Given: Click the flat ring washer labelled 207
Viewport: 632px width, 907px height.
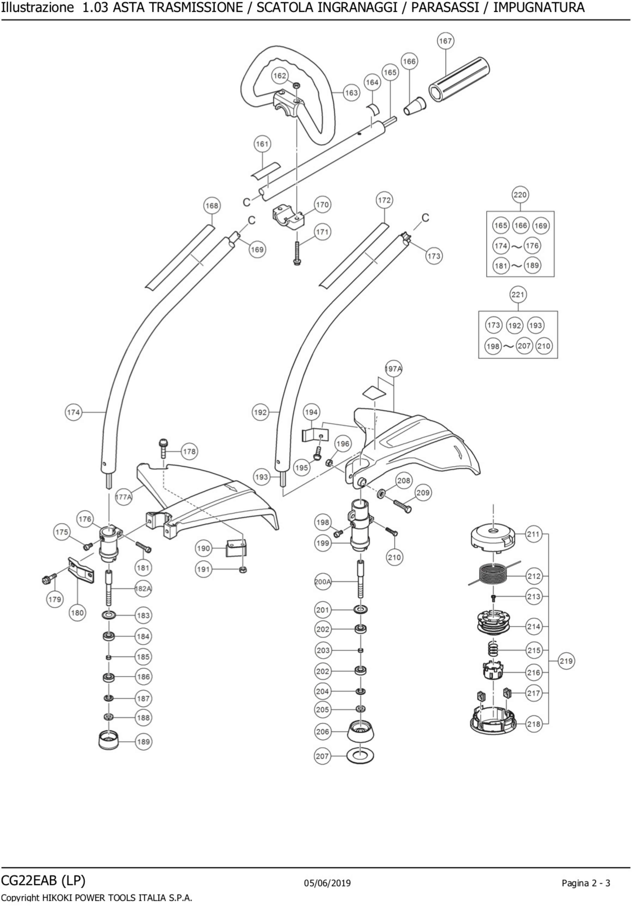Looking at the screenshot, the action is (x=360, y=756).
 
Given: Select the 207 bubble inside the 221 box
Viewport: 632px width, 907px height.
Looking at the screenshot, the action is (x=524, y=346).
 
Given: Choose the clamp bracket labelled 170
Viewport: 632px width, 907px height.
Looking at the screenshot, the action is (x=288, y=217).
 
